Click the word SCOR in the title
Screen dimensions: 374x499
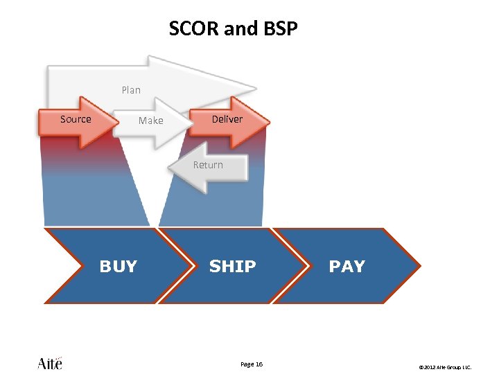pos(191,29)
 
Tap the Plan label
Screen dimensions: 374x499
pos(131,90)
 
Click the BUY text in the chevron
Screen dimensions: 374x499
pos(119,267)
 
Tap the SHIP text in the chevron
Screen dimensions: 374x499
pos(232,267)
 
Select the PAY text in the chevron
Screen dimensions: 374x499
pos(347,267)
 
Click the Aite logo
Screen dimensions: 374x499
pos(49,363)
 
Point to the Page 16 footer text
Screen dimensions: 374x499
pos(251,364)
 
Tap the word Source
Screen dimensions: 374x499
pos(76,119)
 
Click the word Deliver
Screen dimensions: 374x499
pos(227,119)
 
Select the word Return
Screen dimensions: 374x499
pos(208,165)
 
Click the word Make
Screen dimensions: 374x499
pos(150,121)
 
